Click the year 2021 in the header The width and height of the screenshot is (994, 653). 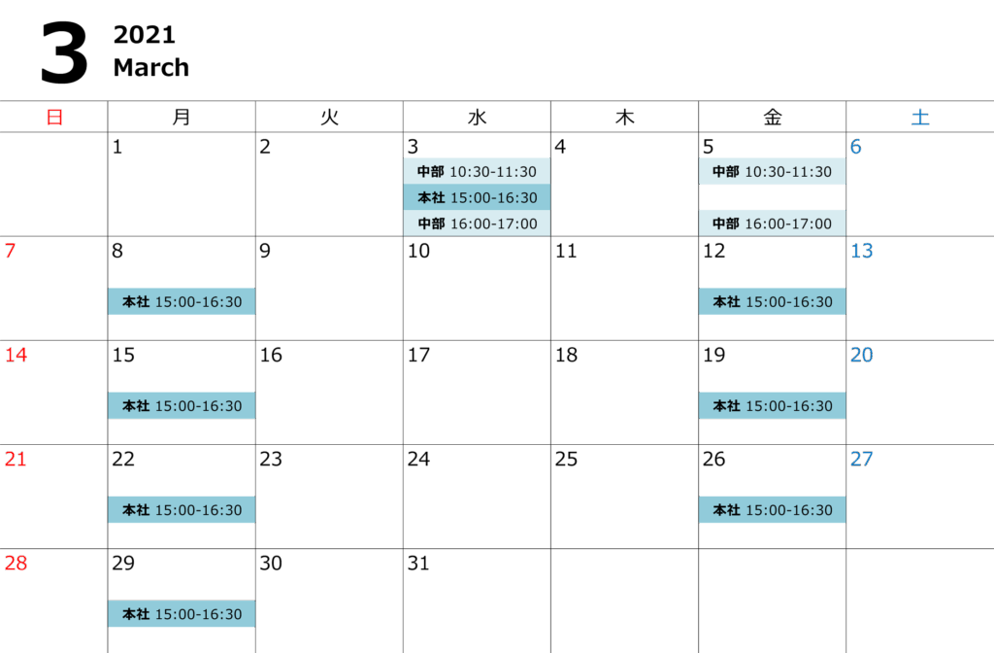click(x=144, y=35)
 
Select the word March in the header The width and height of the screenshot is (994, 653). click(x=150, y=68)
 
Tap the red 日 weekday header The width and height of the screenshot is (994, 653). click(x=54, y=118)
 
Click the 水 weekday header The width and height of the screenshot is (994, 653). click(x=477, y=118)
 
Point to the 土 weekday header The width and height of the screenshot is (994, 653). click(x=919, y=118)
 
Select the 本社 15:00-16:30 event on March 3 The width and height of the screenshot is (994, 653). click(x=477, y=197)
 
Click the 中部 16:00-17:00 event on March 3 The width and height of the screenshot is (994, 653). click(x=477, y=223)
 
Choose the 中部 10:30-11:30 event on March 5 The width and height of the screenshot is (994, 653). click(x=772, y=172)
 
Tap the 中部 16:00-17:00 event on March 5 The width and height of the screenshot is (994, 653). click(x=772, y=223)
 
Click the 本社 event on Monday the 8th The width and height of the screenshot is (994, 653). click(x=182, y=301)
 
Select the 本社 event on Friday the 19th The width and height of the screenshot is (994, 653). click(x=772, y=405)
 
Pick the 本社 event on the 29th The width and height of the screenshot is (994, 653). click(x=182, y=613)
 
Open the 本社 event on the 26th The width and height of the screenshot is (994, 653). click(x=772, y=509)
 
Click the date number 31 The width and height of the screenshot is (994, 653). click(x=418, y=563)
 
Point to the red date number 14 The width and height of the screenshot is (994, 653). click(x=16, y=355)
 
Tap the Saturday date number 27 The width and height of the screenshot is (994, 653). click(x=861, y=459)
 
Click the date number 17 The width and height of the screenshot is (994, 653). click(x=418, y=355)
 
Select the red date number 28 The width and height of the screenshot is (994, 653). click(x=16, y=563)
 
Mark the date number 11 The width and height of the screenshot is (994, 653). click(x=565, y=251)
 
